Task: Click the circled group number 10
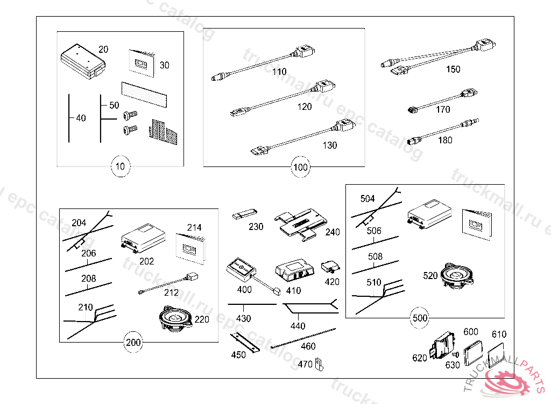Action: (120, 166)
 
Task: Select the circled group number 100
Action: (300, 167)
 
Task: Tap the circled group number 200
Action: (133, 342)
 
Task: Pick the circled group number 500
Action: (420, 318)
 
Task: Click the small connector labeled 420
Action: (330, 267)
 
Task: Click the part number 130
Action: (329, 145)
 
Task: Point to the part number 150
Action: (453, 69)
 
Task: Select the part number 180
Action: (445, 140)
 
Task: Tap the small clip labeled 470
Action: (319, 364)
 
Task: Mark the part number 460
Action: (308, 346)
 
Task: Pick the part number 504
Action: (368, 199)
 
